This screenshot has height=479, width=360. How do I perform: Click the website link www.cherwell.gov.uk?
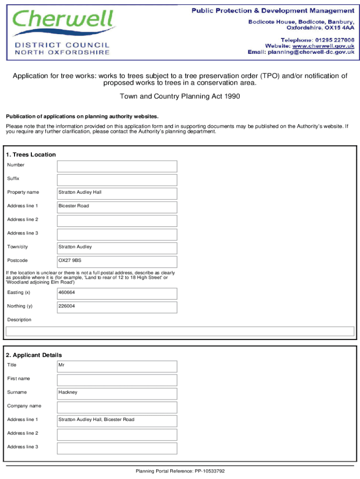click(x=323, y=46)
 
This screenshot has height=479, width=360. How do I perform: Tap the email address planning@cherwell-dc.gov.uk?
click(x=311, y=52)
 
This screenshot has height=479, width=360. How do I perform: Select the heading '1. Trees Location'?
click(x=30, y=155)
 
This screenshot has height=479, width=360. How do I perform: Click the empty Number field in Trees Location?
click(x=117, y=166)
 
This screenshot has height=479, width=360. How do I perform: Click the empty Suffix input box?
click(x=117, y=180)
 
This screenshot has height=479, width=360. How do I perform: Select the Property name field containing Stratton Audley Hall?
click(x=117, y=193)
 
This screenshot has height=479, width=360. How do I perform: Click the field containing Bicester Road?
click(x=117, y=207)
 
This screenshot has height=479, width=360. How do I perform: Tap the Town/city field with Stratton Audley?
click(x=117, y=247)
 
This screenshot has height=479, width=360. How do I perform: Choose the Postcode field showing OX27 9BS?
click(x=117, y=261)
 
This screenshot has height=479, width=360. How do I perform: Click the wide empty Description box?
click(x=180, y=331)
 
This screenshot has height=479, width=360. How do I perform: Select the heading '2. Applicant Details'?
click(x=34, y=355)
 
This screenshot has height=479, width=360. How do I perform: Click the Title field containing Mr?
click(x=117, y=366)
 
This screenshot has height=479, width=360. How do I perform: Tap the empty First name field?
click(x=117, y=379)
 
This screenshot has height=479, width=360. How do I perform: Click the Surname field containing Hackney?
click(x=117, y=393)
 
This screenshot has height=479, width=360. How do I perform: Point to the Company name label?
click(x=24, y=406)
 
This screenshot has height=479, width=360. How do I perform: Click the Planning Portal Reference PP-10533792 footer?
click(x=180, y=471)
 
